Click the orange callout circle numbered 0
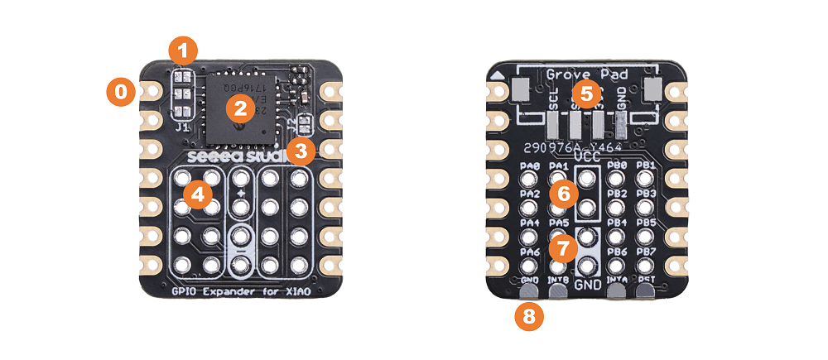coord(121,92)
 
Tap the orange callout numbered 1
coord(182,50)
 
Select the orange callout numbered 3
coord(301,151)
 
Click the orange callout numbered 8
coord(530,316)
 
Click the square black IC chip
coord(240,108)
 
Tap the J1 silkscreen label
coord(182,127)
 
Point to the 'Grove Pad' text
coord(586,74)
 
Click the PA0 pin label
coord(530,166)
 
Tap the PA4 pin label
coord(530,223)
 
